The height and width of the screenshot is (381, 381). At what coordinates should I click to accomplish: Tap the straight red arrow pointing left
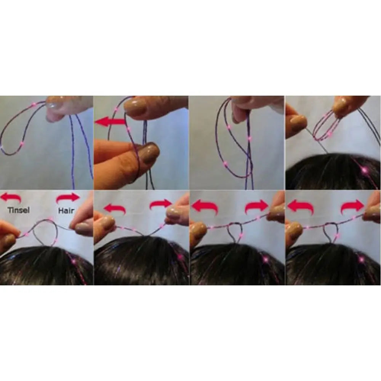(110, 122)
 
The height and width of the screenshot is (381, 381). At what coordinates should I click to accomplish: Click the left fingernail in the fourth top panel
(298, 123)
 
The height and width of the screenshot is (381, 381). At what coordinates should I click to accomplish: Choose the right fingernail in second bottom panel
(173, 213)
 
